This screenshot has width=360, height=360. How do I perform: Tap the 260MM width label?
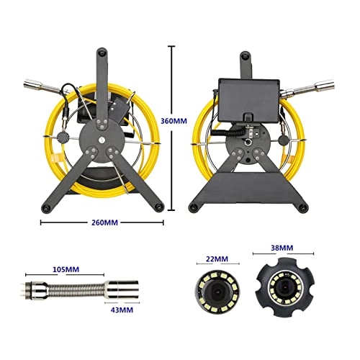tap(102, 222)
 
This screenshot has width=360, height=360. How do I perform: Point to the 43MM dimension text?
tap(121, 310)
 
